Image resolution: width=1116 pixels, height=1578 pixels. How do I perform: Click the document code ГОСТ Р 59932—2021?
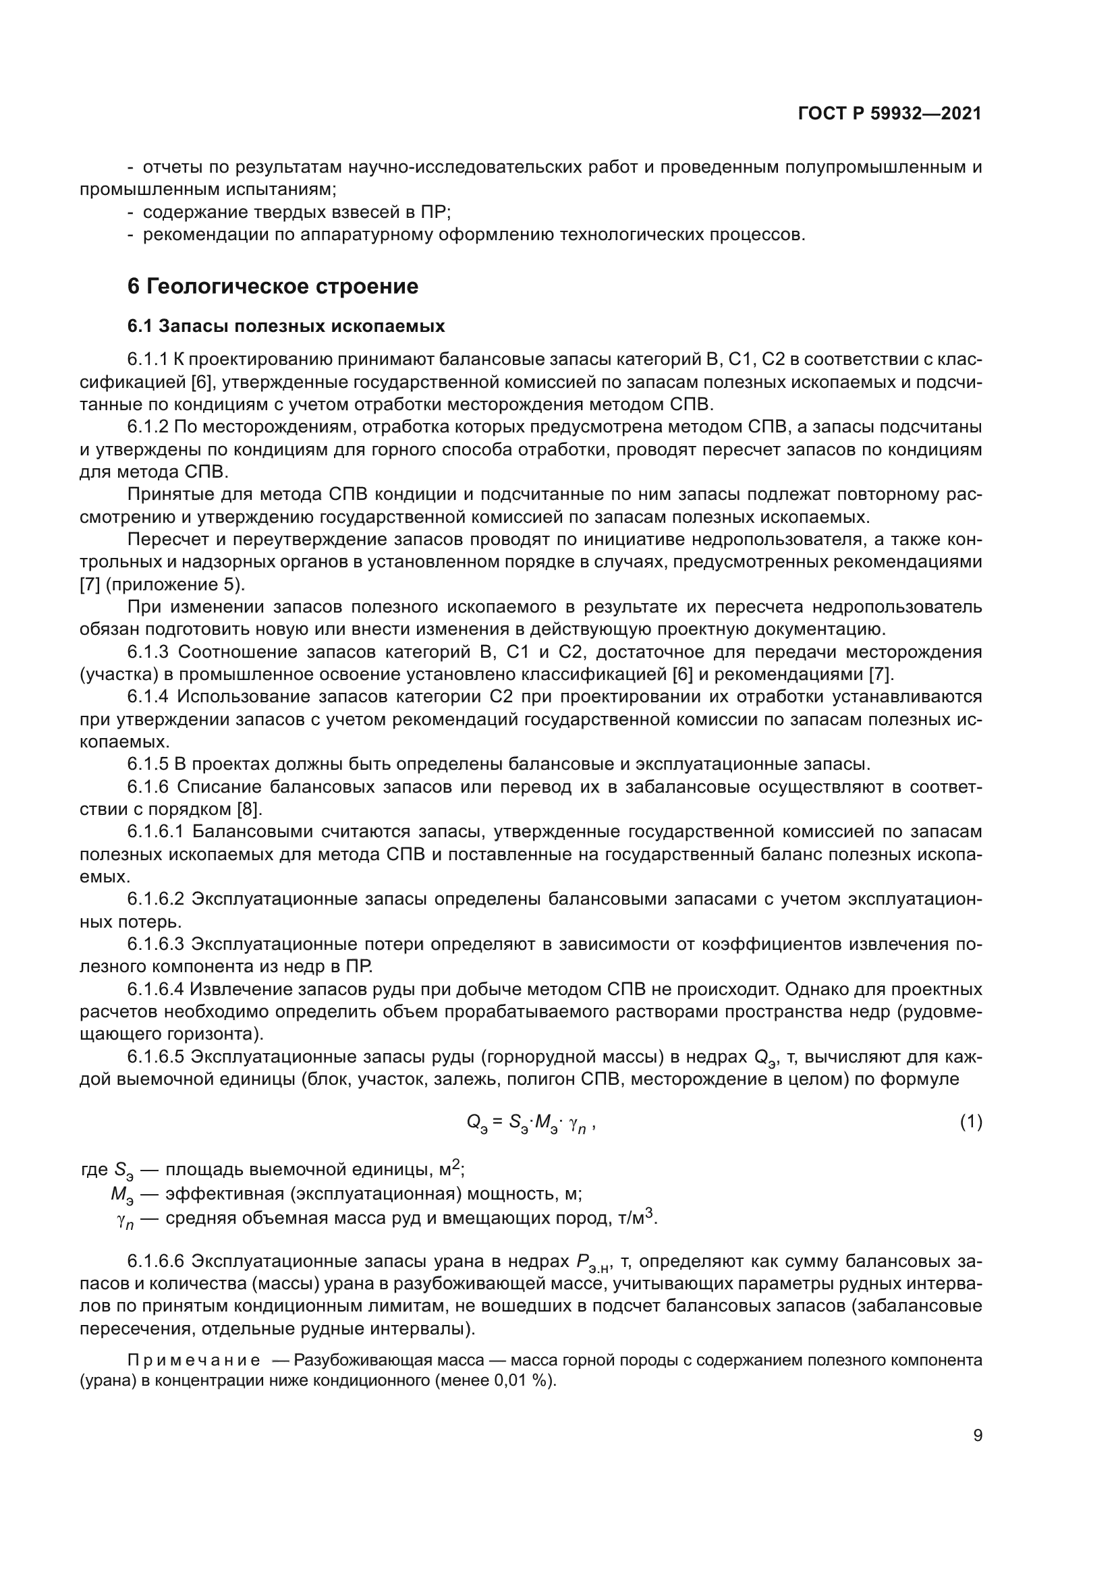coord(889,114)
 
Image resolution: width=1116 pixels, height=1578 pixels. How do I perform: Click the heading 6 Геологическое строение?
coord(273,286)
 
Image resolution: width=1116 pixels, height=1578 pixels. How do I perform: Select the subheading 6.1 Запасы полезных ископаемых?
coord(286,326)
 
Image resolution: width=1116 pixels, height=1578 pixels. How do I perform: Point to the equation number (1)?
coord(970,1123)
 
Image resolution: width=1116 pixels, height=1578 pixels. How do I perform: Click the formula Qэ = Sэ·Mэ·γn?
coord(530,1123)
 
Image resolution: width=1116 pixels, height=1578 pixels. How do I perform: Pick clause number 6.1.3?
coord(148,652)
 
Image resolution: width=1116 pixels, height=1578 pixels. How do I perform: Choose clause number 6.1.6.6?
coord(156,1261)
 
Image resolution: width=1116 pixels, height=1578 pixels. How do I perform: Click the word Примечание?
coord(194,1360)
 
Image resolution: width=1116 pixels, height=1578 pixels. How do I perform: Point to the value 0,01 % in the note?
coord(522,1380)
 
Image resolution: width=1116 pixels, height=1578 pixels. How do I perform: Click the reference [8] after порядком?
coord(249,809)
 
